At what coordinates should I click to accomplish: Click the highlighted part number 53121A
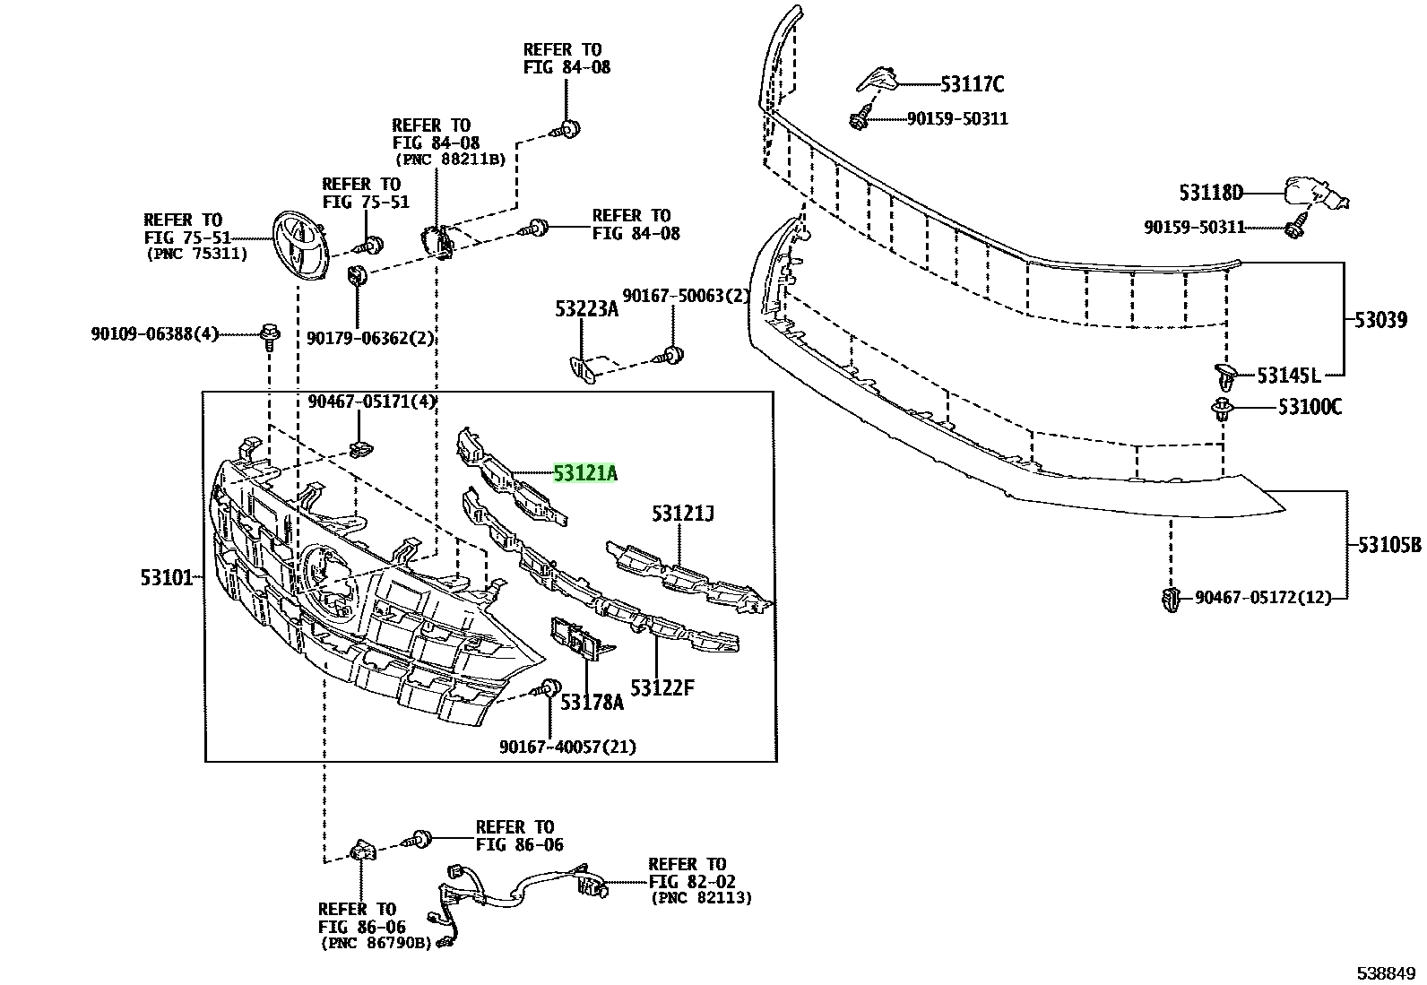pos(584,472)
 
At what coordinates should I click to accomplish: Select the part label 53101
pos(166,578)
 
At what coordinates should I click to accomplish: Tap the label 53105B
pos(1389,545)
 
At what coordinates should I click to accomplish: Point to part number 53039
pos(1380,319)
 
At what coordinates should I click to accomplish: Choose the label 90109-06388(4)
pos(155,333)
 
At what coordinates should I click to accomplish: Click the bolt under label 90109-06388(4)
pos(270,336)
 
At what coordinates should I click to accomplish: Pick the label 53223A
pos(587,309)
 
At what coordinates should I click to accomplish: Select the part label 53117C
pos(973,84)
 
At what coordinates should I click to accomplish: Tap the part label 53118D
pos(1211,193)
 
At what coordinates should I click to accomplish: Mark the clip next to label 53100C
pos(1221,409)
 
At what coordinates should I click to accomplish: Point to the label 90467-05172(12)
pos(1263,598)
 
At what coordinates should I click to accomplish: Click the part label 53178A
pos(592,702)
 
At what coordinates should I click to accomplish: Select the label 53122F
pos(662,687)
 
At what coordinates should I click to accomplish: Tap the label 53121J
pos(682,514)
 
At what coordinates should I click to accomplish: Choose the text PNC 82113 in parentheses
pos(701,898)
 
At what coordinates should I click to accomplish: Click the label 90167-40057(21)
pos(567,747)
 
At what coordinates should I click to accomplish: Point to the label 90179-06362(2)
pos(370,338)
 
